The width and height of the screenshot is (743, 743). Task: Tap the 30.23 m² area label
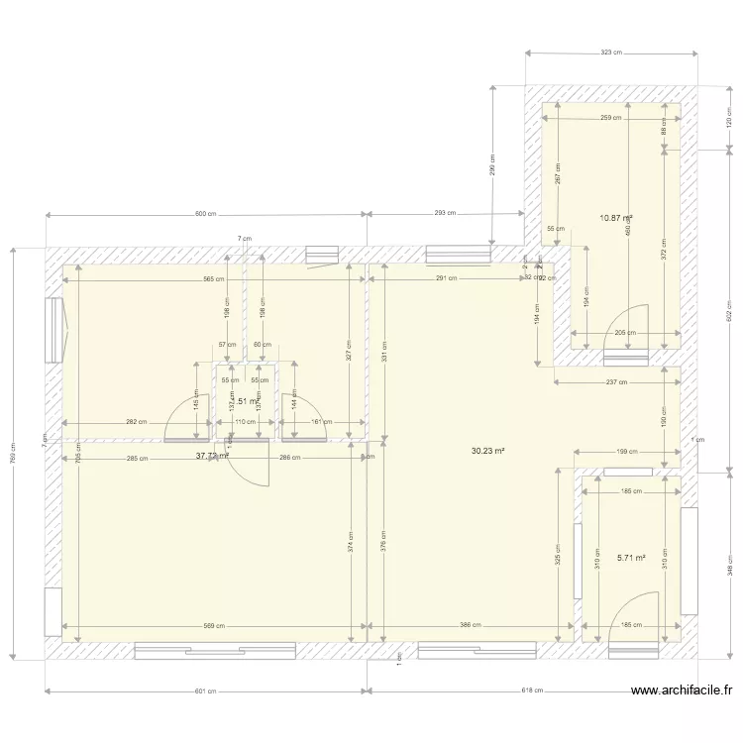(488, 451)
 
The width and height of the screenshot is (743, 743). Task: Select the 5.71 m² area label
(631, 558)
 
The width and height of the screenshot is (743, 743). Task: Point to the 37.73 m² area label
(212, 457)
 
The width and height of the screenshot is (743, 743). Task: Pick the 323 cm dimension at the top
(611, 53)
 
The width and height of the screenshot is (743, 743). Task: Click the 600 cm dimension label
(206, 214)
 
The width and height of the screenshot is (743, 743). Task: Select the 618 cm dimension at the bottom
(532, 691)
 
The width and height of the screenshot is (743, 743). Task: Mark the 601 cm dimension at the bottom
(206, 691)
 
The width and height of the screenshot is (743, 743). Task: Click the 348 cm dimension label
(729, 564)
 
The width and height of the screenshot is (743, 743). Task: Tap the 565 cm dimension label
(214, 279)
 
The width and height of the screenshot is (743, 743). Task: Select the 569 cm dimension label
(214, 626)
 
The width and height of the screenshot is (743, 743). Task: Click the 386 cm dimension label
(472, 626)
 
